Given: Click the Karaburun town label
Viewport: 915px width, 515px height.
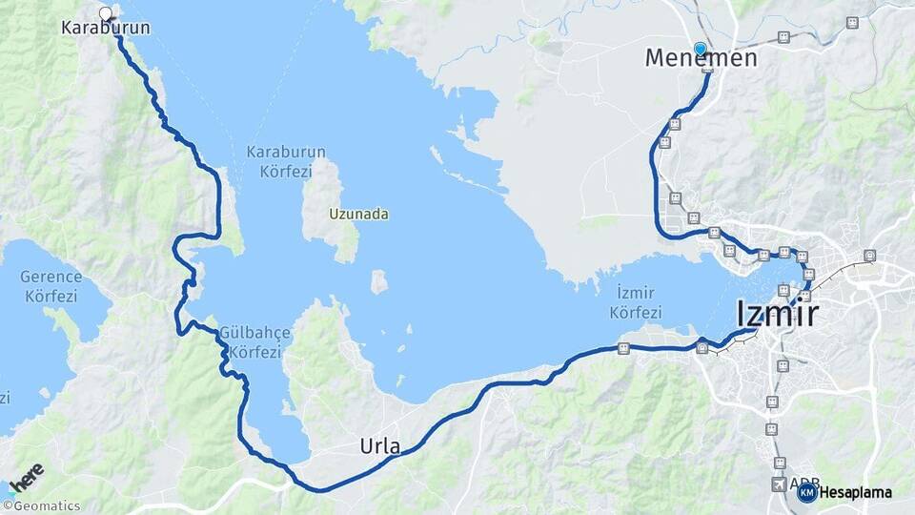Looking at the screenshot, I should (105, 29).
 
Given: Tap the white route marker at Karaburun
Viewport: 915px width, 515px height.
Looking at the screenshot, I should (106, 13).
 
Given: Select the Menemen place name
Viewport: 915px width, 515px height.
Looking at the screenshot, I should (701, 58).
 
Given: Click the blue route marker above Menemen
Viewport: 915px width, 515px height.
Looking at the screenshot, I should (701, 49).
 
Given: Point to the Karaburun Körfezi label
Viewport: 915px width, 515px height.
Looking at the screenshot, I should (286, 161).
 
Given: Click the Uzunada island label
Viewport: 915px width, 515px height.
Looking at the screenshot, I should (359, 215).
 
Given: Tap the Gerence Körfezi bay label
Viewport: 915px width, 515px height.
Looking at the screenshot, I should (51, 286).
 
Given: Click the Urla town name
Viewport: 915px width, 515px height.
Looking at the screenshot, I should (379, 445).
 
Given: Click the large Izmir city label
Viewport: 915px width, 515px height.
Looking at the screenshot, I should (777, 313).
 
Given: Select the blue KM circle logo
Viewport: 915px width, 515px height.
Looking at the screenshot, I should (806, 492).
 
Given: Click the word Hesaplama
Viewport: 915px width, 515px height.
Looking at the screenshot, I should (855, 493).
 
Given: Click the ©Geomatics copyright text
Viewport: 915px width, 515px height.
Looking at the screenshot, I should (43, 506).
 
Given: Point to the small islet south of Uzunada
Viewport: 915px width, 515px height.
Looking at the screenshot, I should (378, 282).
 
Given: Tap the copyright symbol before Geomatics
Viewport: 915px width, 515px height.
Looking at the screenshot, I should (7, 506).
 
